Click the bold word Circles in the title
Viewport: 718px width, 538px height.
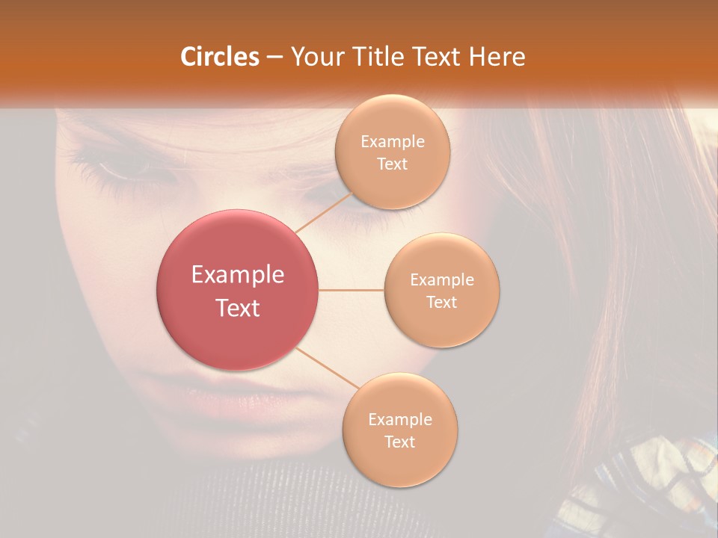pos(219,57)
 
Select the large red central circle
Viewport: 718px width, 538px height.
pos(237,290)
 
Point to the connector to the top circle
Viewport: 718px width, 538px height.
pos(324,212)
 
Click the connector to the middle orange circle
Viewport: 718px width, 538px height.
pos(352,290)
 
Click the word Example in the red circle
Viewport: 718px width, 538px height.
pos(238,275)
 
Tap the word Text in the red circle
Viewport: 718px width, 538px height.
pos(238,308)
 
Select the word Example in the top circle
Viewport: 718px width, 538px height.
pos(393,142)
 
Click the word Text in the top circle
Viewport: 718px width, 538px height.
pos(393,164)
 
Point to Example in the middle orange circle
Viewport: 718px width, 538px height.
pos(442,280)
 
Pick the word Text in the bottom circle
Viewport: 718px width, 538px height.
pos(400,442)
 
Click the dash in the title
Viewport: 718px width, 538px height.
pos(274,58)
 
